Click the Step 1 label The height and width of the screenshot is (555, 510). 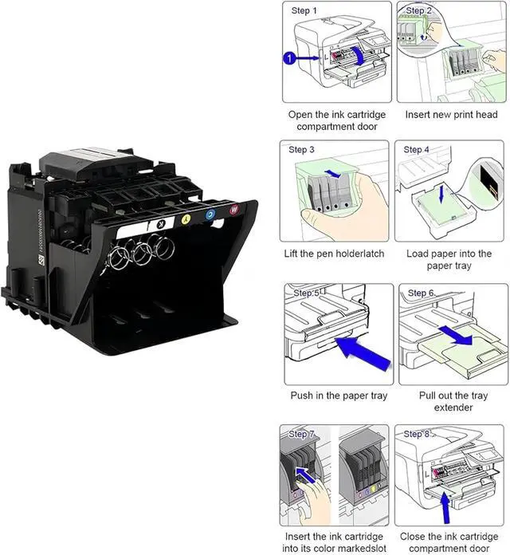point(304,11)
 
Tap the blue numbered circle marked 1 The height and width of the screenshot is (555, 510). point(290,57)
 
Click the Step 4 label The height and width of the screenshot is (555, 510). point(418,150)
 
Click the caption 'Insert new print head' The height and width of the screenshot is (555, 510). point(451,115)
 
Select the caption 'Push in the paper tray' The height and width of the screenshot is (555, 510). point(338,395)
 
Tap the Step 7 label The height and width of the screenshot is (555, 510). point(303,434)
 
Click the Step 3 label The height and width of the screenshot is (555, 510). point(301,150)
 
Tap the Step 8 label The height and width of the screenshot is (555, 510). point(418,434)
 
